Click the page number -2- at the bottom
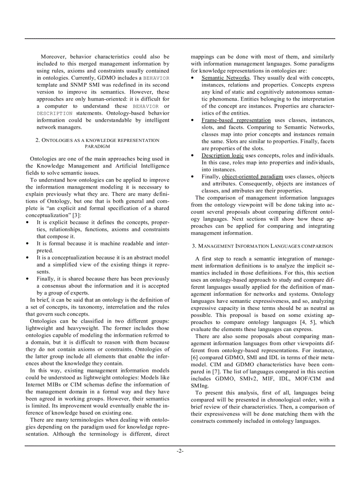click(x=180, y=451)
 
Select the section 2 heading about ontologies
click(x=97, y=143)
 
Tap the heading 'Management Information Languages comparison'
click(x=262, y=246)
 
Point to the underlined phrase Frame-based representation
click(x=236, y=120)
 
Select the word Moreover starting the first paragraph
click(x=53, y=57)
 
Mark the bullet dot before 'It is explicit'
click(x=28, y=223)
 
